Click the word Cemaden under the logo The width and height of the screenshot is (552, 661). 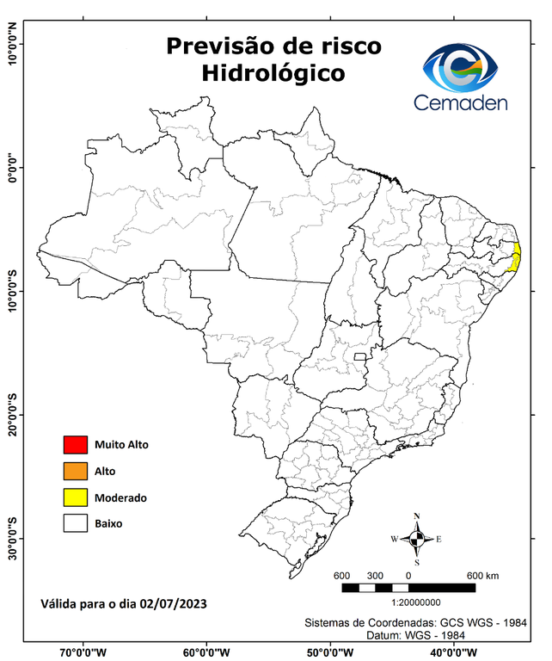461,102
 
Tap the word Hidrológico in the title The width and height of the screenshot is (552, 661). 273,74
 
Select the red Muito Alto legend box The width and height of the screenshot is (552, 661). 76,445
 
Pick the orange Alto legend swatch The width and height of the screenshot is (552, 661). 76,471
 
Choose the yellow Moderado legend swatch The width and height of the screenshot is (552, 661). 76,497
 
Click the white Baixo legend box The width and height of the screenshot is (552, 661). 76,522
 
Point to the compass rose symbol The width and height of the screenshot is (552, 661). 417,539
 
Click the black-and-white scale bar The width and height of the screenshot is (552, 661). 408,587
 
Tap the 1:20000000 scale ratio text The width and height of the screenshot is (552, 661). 416,602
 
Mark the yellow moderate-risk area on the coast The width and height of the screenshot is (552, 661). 516,256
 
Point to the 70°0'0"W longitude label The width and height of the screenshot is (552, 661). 83,652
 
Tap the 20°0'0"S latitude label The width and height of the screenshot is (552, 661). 12,414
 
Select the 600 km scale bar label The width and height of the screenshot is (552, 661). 481,574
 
